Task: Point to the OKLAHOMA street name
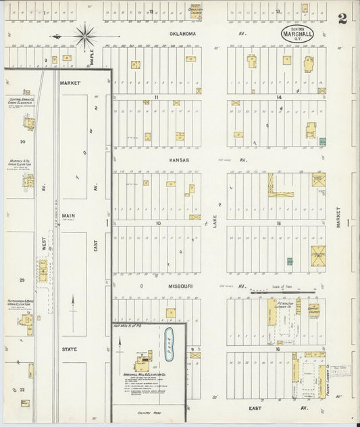click(x=182, y=33)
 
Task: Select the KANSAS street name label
click(x=180, y=160)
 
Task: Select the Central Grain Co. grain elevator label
click(x=24, y=101)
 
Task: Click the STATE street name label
click(x=70, y=349)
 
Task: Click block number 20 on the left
click(x=23, y=142)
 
